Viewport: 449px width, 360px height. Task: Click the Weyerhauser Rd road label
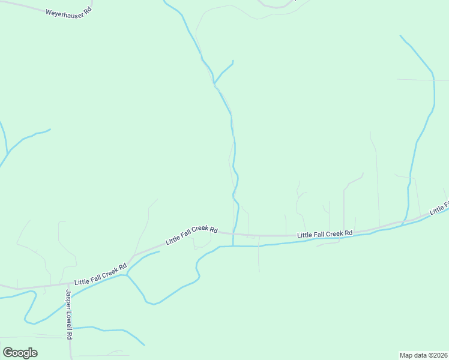pyautogui.click(x=68, y=11)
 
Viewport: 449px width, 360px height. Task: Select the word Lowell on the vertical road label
pyautogui.click(x=68, y=320)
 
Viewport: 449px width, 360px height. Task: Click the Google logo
pyautogui.click(x=20, y=353)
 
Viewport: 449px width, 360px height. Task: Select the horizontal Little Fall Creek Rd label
pyautogui.click(x=325, y=233)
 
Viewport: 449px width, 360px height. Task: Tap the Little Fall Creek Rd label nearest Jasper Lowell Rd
pyautogui.click(x=101, y=274)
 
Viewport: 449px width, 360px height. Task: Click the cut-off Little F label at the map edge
pyautogui.click(x=439, y=209)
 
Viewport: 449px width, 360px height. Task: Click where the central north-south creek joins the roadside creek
pyautogui.click(x=233, y=246)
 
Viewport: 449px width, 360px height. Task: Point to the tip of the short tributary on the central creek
pyautogui.click(x=233, y=61)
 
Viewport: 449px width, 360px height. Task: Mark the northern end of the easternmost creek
pyautogui.click(x=400, y=35)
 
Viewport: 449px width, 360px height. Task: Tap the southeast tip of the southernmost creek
pyautogui.click(x=144, y=345)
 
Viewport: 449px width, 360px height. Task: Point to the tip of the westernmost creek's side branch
pyautogui.click(x=50, y=129)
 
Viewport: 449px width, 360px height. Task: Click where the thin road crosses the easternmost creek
pyautogui.click(x=433, y=80)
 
